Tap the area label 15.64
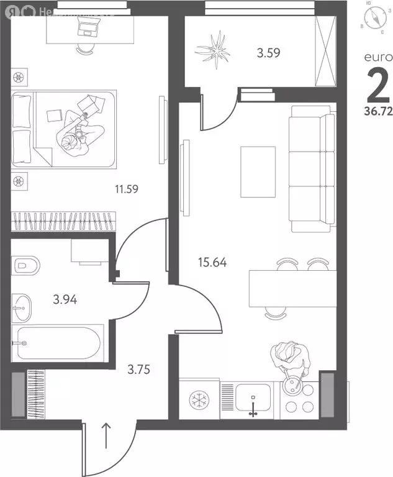pyautogui.click(x=211, y=262)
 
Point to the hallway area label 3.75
pyautogui.click(x=138, y=369)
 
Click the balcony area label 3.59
pyautogui.click(x=269, y=53)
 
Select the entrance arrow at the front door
pyautogui.click(x=106, y=435)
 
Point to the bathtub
pyautogui.click(x=60, y=342)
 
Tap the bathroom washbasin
pyautogui.click(x=23, y=305)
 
